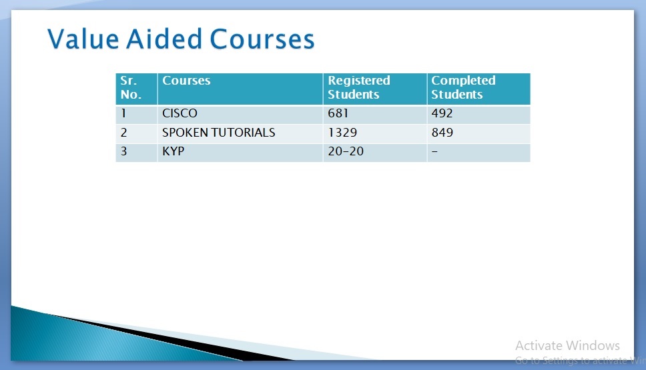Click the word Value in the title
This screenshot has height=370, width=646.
click(83, 39)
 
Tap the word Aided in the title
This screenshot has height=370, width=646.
click(164, 39)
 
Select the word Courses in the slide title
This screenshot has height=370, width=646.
click(262, 39)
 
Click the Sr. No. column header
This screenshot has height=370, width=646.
click(131, 87)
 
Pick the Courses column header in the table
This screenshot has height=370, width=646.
click(186, 80)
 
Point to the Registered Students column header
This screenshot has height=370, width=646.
click(359, 87)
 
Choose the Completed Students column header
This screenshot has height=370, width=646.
click(463, 87)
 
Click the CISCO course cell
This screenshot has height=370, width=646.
click(180, 113)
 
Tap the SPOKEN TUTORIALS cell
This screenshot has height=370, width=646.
click(218, 133)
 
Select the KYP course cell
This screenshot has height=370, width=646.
click(173, 151)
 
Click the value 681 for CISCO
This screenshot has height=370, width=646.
click(338, 113)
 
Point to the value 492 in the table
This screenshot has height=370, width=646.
click(442, 113)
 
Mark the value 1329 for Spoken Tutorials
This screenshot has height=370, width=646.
click(342, 133)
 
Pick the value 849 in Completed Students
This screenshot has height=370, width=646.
click(442, 133)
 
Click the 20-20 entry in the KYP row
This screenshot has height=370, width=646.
click(346, 151)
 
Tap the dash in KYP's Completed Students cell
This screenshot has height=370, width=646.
click(434, 151)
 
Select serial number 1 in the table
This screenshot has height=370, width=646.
click(123, 113)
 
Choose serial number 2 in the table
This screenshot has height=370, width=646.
click(123, 133)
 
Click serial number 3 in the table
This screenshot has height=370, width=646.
click(123, 151)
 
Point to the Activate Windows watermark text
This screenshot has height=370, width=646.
click(567, 345)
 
